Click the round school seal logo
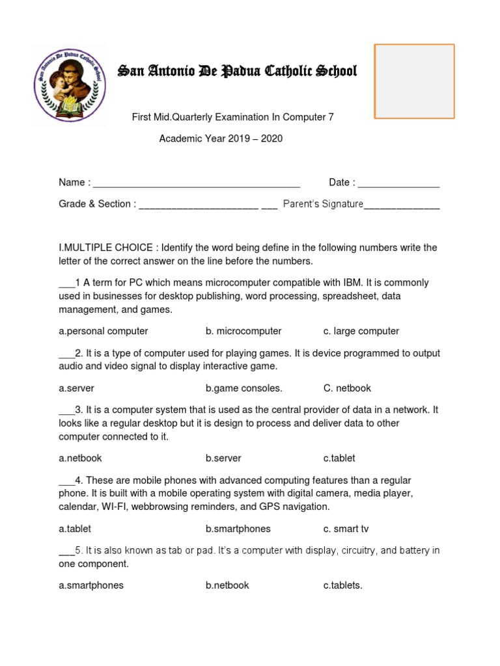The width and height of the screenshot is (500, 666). tap(69, 85)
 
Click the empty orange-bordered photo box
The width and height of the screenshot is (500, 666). tap(414, 81)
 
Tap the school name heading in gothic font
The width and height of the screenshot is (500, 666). tap(237, 71)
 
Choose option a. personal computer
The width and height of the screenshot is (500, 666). tap(104, 331)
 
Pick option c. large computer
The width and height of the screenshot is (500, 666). tap(361, 331)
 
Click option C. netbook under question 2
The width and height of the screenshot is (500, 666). tap(347, 388)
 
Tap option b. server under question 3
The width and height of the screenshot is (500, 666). tap(223, 458)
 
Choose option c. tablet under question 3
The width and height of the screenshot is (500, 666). tap(339, 458)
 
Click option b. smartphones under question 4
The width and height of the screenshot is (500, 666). tap(238, 529)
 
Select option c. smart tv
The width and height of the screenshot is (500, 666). tap(346, 529)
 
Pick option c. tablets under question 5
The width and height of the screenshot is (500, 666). tap(342, 585)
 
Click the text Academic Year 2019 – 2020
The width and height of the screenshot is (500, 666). tap(221, 139)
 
